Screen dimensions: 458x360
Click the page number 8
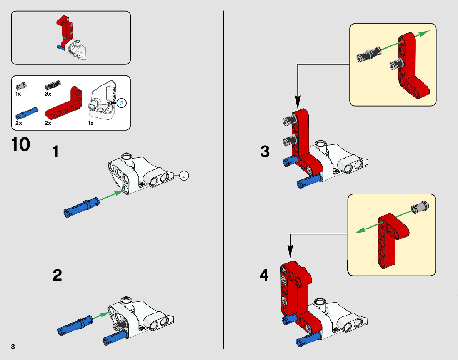[13, 347]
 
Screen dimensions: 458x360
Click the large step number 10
[20, 144]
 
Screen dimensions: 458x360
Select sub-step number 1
[56, 152]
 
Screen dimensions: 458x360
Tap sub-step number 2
[57, 275]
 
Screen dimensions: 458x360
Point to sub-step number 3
[265, 151]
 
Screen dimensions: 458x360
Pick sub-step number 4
[264, 275]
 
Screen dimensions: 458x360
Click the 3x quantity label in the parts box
[48, 94]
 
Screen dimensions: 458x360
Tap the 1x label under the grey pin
[18, 94]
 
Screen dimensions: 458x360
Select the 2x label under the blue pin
[19, 123]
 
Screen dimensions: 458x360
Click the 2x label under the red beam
[48, 123]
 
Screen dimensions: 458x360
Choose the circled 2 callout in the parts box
[122, 103]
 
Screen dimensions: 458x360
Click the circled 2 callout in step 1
[184, 176]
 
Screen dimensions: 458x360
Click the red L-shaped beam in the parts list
[63, 103]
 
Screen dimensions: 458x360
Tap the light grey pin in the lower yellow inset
[420, 208]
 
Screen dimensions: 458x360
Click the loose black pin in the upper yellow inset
[369, 54]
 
